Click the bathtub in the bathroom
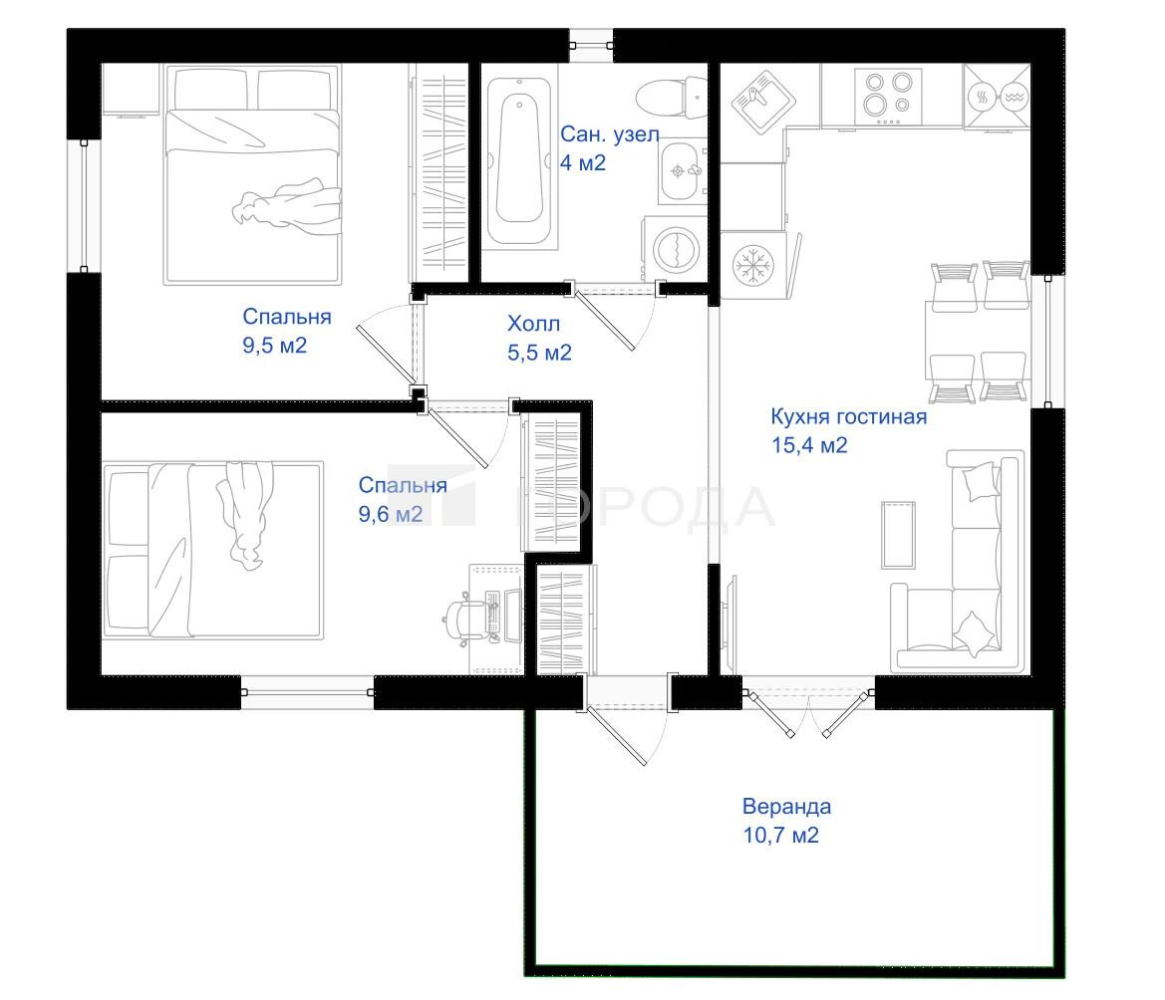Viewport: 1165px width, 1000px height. point(519,160)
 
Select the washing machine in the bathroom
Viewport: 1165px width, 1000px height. point(675,248)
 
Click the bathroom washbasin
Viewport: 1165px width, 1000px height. point(680,171)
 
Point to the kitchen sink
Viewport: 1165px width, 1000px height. point(763,102)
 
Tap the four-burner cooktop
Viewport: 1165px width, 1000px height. point(888,97)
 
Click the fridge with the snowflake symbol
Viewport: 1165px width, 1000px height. point(752,265)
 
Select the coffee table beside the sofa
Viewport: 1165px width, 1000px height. point(898,535)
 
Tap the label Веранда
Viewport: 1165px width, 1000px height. point(786,806)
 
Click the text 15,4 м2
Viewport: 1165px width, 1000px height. point(809,444)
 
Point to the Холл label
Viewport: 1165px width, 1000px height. point(533,324)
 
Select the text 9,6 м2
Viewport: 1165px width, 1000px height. point(391,514)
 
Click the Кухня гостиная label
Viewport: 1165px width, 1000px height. point(848,416)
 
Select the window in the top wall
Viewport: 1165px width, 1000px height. point(591,45)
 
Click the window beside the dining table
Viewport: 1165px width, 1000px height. point(1047,342)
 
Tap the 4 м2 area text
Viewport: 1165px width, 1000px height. point(582,162)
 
